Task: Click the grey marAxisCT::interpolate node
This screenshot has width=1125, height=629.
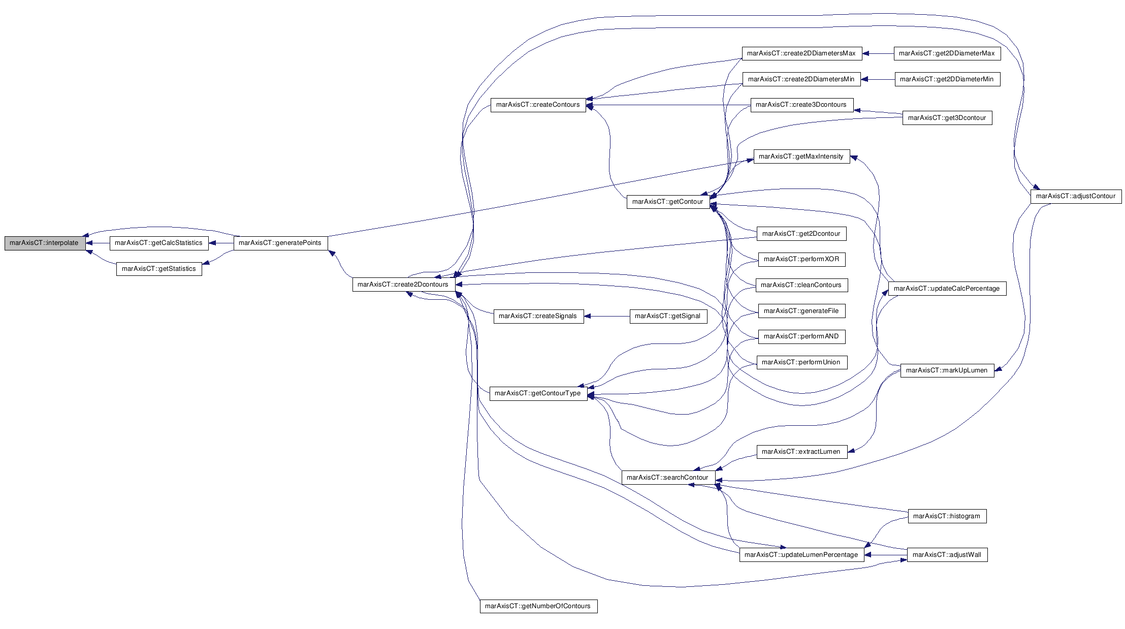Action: tap(45, 243)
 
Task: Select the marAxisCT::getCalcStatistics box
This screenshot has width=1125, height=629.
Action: tap(159, 243)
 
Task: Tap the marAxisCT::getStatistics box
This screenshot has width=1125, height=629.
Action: tap(159, 269)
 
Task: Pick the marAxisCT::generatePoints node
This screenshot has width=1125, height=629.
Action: tap(280, 243)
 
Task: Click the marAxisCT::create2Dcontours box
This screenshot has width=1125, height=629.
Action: tap(403, 285)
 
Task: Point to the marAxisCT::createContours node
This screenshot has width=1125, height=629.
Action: tap(538, 105)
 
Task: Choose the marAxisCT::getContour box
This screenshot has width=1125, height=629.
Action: tap(668, 202)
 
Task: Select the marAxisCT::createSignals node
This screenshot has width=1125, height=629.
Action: tap(538, 316)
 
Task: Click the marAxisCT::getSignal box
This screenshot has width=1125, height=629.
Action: tap(668, 316)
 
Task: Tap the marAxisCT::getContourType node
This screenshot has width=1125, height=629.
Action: tap(538, 393)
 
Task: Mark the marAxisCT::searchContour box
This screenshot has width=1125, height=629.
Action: tap(668, 478)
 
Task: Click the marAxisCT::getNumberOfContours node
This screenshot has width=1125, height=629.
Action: tap(538, 606)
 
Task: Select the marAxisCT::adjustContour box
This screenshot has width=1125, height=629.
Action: tap(1076, 196)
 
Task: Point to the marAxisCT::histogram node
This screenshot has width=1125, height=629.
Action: tap(947, 516)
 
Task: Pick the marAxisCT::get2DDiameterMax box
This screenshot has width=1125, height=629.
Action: tap(947, 53)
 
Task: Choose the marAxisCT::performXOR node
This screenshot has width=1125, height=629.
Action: tap(801, 259)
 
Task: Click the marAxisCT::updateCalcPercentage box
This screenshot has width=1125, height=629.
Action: tap(947, 289)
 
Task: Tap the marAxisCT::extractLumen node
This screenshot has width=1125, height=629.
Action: tap(802, 452)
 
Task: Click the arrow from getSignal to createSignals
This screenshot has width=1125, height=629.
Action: tap(607, 316)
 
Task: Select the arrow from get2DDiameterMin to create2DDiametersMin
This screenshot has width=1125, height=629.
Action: tap(878, 79)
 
